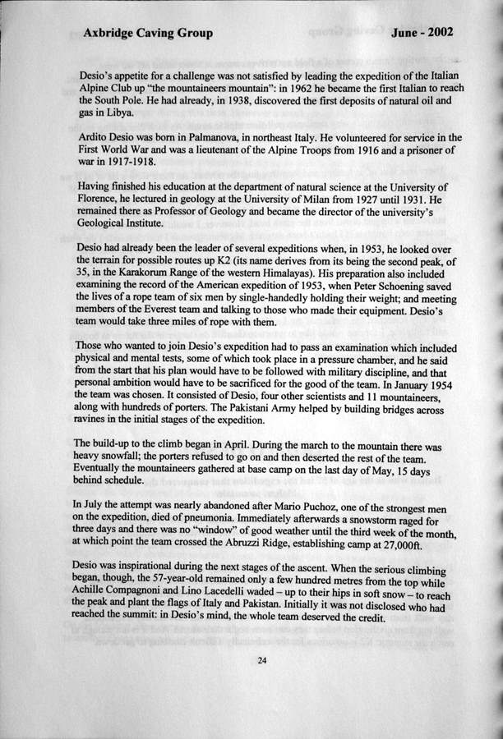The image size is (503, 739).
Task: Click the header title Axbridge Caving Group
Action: coord(148,34)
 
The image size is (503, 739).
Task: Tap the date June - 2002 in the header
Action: coord(422,33)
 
